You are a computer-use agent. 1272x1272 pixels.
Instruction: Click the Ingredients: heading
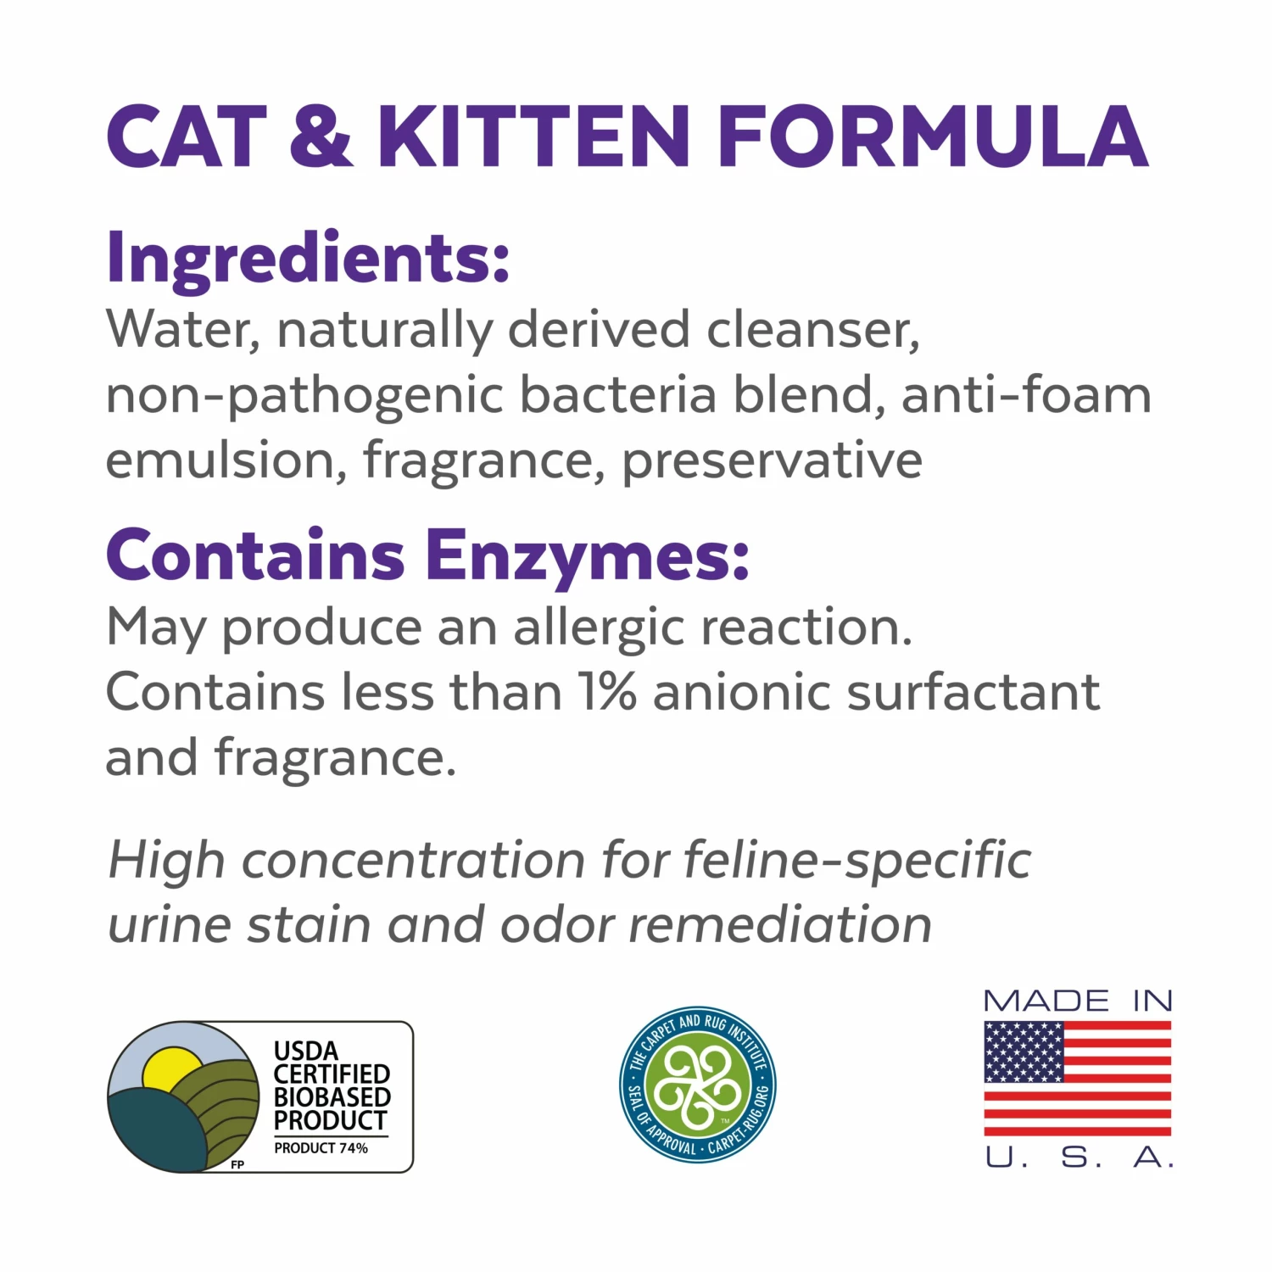coord(308,259)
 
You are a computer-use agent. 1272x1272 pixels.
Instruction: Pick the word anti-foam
coord(1026,395)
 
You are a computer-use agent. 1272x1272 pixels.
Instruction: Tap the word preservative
coord(772,460)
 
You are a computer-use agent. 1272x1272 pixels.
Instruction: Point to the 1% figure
coord(606,692)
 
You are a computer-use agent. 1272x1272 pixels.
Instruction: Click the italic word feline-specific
coord(856,860)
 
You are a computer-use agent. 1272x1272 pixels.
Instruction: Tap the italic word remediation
coord(780,924)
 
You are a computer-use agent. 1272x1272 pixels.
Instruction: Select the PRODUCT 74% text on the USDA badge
coord(321,1148)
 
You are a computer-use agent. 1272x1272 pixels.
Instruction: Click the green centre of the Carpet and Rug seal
coord(697,1085)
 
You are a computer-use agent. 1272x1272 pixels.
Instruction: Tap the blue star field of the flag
coord(1024,1052)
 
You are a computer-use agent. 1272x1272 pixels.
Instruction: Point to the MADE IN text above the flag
coord(1078,1001)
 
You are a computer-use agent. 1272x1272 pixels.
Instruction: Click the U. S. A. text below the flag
coord(1079,1157)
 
